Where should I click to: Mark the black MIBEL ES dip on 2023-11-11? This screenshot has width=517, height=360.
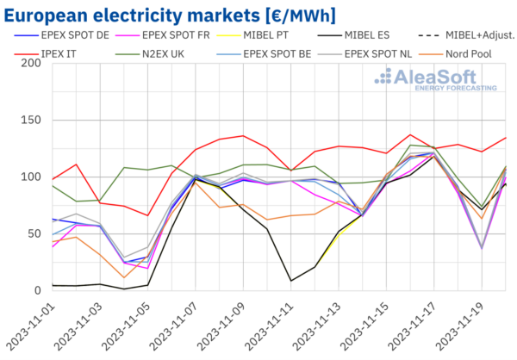[291, 280]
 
